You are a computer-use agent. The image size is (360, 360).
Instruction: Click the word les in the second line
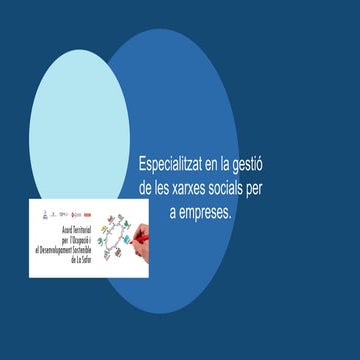pos(165,187)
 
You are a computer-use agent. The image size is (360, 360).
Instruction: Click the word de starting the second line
pos(146,187)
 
